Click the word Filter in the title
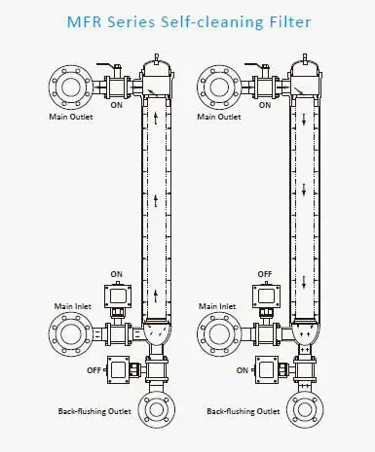pos(290,21)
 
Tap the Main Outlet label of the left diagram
pos(71,117)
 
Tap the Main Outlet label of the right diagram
pos(219,117)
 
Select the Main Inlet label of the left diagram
pos(73,306)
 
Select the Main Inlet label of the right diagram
pos(217,306)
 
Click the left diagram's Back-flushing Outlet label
pos(94,411)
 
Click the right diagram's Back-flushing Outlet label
pos(244,411)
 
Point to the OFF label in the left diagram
pos(94,370)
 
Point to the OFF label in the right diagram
pos(265,274)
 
